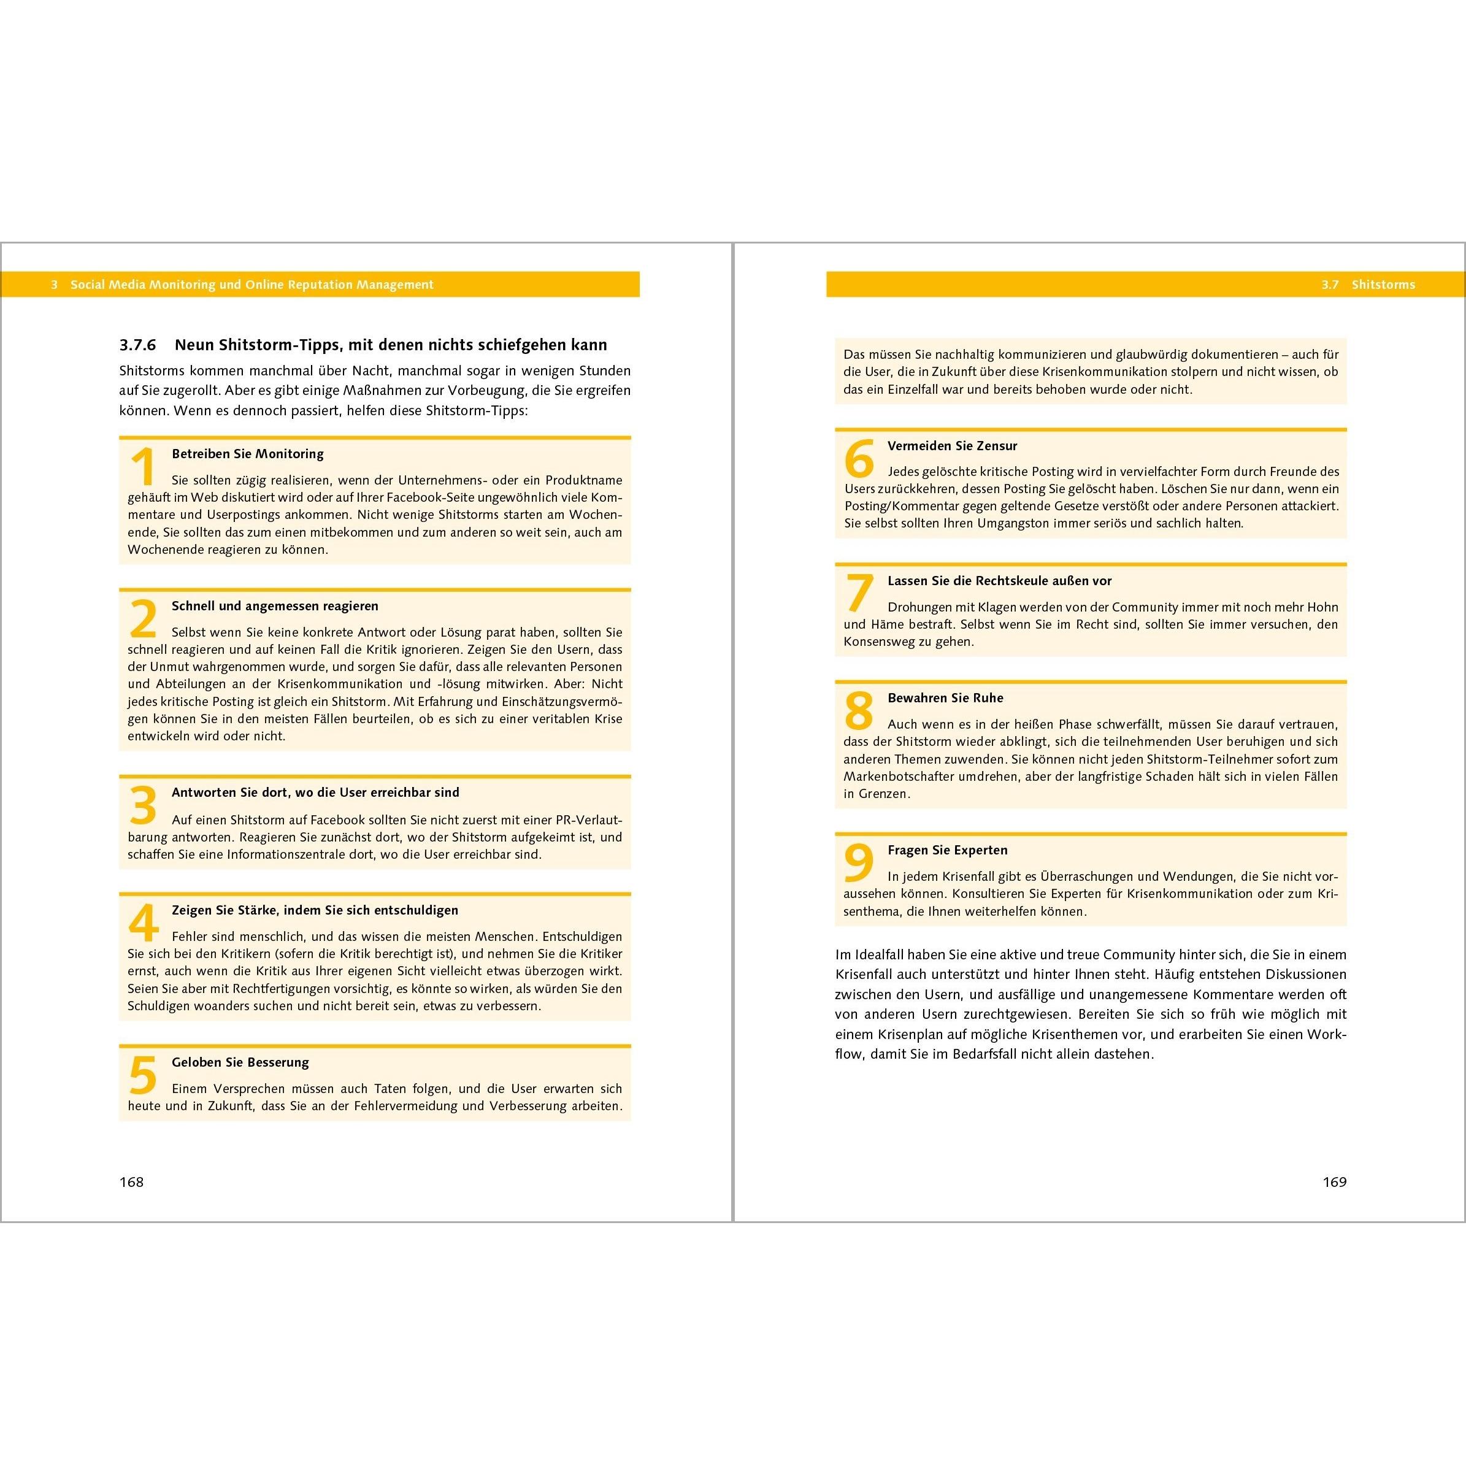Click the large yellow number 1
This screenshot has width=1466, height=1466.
(144, 467)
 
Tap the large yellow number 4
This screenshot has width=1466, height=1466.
(144, 923)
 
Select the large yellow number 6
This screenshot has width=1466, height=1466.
(859, 459)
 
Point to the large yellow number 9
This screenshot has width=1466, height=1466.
(859, 864)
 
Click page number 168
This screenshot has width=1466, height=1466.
(131, 1181)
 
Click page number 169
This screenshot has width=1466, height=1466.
(1334, 1181)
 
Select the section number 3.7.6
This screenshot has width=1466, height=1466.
(137, 345)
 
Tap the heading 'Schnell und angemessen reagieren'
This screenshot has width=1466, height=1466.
(275, 605)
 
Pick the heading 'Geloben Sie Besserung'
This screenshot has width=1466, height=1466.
(240, 1062)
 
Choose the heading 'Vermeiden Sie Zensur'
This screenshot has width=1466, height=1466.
(953, 445)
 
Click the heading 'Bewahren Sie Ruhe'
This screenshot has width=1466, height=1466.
(945, 698)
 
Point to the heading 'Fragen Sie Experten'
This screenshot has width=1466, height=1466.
(948, 850)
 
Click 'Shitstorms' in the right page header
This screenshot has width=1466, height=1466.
(1383, 285)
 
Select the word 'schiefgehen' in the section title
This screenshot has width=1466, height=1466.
(516, 345)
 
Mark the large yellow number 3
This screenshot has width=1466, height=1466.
(144, 805)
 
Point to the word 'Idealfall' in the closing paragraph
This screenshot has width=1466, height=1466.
(880, 954)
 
